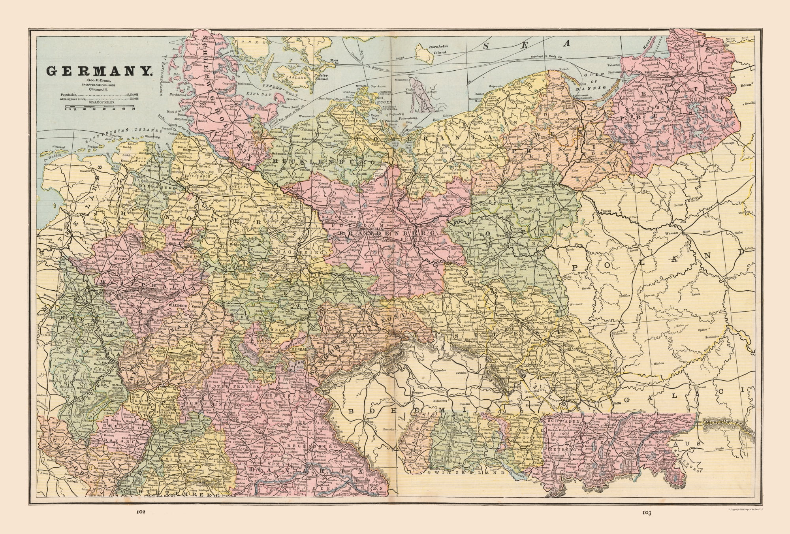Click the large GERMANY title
pyautogui.click(x=99, y=71)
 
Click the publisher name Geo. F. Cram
pyautogui.click(x=99, y=81)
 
